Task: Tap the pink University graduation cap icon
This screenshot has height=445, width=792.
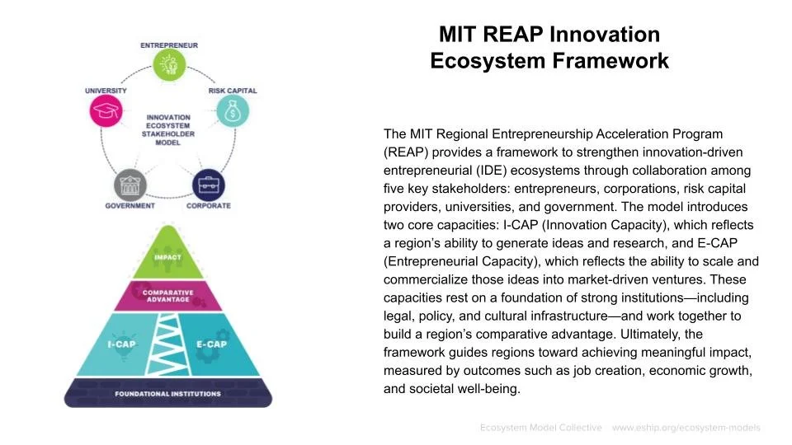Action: click(106, 111)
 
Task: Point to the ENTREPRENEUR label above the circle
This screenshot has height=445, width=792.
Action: click(168, 44)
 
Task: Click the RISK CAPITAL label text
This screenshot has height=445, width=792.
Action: click(232, 91)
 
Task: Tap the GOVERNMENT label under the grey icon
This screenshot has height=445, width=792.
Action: click(130, 205)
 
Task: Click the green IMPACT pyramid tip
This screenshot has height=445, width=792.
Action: click(167, 257)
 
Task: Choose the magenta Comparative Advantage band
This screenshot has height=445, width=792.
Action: click(167, 296)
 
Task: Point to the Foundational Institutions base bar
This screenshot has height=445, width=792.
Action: click(167, 393)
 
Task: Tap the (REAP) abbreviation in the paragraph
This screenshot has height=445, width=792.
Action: click(405, 152)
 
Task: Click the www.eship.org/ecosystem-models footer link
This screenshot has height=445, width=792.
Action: click(686, 428)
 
